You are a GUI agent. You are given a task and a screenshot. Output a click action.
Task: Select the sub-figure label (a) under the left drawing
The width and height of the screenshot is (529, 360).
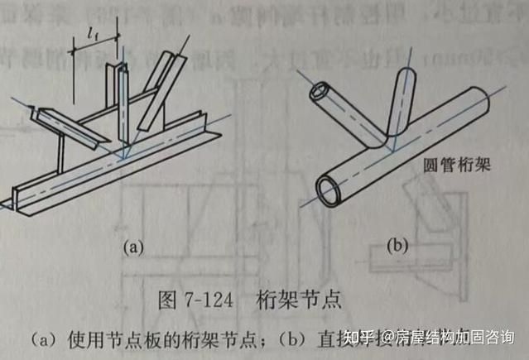click(x=133, y=246)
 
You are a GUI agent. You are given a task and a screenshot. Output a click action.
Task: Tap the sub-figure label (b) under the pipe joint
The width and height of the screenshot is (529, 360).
click(x=400, y=246)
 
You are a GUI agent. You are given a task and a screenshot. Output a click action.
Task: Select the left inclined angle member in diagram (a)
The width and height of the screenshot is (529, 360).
click(x=70, y=124)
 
